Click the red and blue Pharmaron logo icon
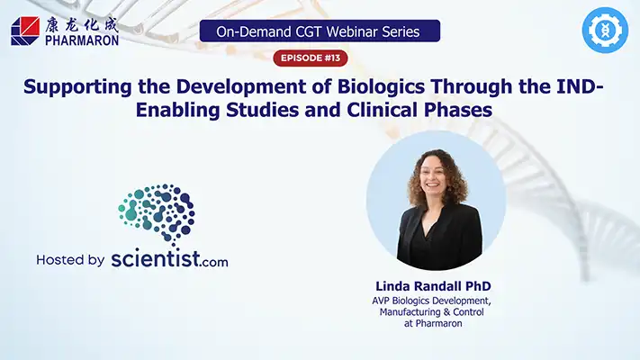[x=24, y=31]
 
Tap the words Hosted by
[x=70, y=260]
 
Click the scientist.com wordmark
[x=169, y=260]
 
